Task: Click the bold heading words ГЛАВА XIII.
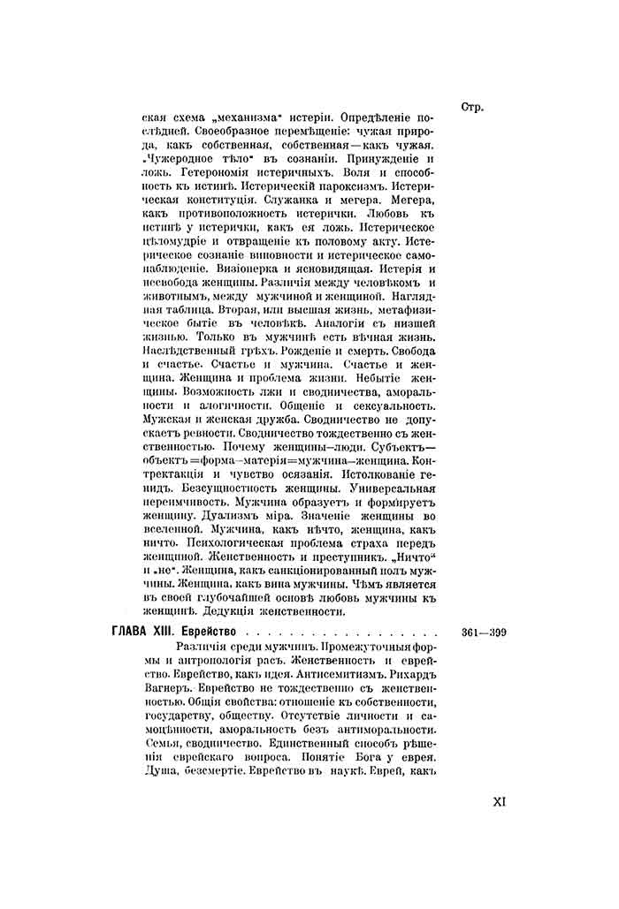pyautogui.click(x=141, y=633)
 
